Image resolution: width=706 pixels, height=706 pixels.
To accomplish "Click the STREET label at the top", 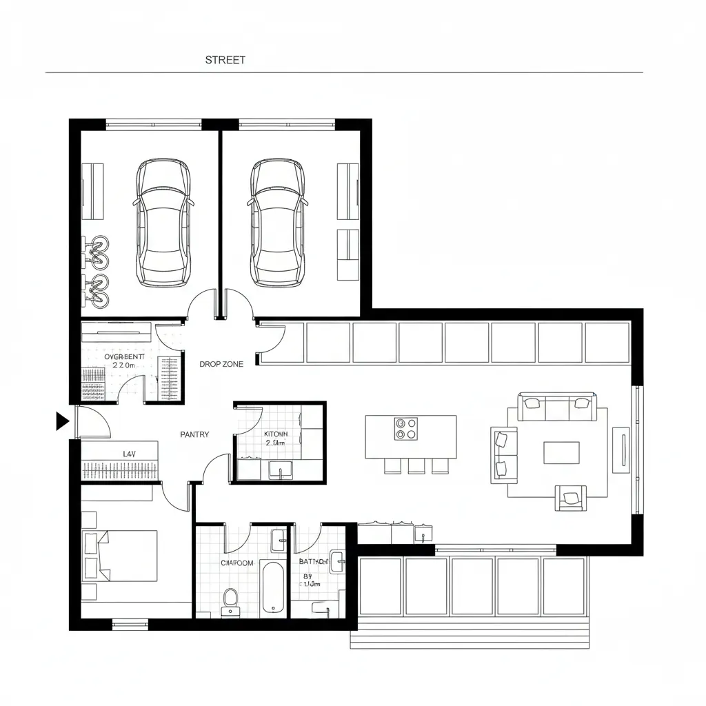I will point(225,60).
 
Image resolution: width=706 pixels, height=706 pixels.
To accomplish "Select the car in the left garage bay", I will point(163,223).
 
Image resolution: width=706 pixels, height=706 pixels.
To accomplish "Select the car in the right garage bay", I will point(277,223).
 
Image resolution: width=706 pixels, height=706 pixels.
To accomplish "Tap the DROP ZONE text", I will point(221,364).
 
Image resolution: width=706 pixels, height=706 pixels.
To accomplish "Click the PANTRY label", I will point(194,434).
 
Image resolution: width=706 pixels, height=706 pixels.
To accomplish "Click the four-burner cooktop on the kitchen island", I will point(406,429).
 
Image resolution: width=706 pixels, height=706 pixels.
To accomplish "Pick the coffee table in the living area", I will point(561,453).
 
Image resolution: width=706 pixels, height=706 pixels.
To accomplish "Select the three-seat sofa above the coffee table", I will point(558,407).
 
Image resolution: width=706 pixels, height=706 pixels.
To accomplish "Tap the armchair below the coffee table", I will point(572,498).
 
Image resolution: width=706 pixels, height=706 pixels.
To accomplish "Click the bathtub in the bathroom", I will point(274,587).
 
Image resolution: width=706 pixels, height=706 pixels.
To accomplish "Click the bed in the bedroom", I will point(121,555).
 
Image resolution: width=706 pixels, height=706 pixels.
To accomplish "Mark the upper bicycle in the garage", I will point(96,252).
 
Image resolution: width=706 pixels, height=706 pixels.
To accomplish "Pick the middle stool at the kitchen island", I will point(416,466).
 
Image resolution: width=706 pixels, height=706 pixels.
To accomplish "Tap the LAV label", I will point(129,454).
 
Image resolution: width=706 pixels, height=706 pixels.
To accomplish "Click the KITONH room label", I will point(276,434).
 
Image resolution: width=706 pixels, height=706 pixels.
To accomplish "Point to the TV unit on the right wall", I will point(621,450).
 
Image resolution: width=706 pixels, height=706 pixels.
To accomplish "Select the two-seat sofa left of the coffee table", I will point(504,454).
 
